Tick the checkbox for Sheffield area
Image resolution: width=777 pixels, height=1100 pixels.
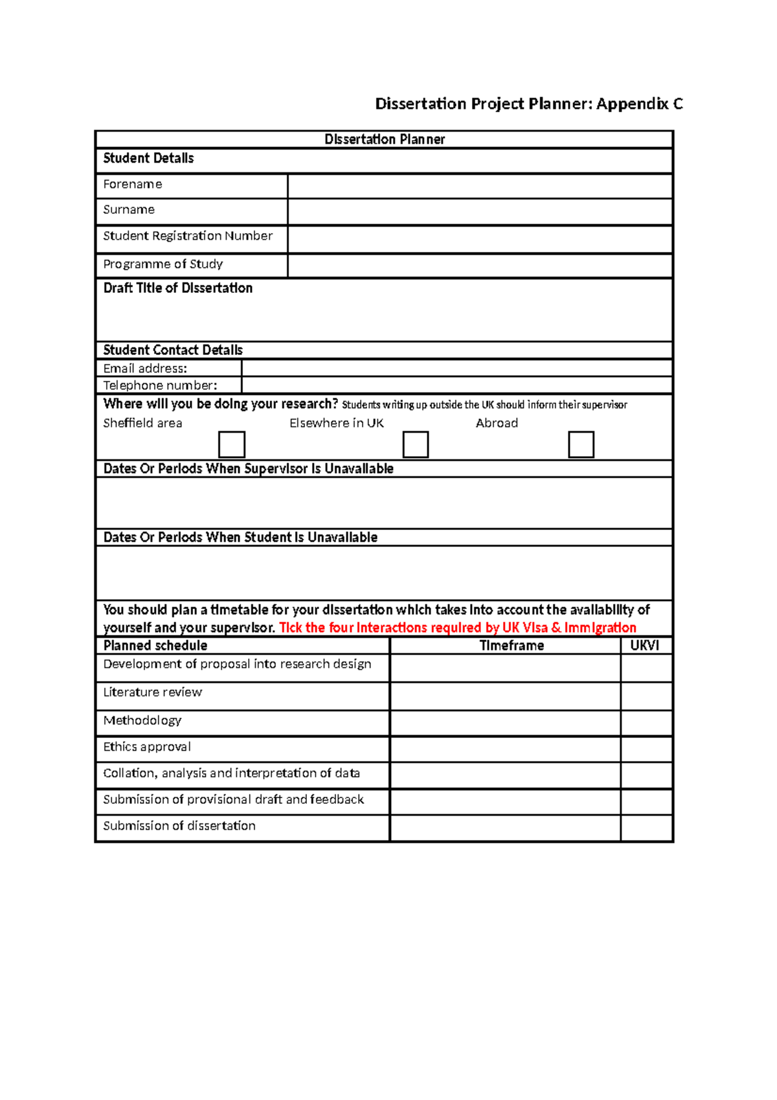pos(232,444)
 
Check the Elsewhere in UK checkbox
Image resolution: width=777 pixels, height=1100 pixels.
pos(416,444)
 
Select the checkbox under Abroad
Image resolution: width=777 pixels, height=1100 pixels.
pos(581,444)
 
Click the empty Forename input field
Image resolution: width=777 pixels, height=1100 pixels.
pos(480,186)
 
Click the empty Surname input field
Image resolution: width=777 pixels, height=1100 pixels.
pos(480,212)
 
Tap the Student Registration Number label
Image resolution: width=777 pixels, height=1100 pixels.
pos(188,236)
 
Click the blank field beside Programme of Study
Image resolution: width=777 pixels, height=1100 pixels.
pos(480,266)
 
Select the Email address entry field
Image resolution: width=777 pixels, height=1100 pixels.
pos(456,368)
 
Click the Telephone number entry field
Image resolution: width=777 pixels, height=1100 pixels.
pos(456,385)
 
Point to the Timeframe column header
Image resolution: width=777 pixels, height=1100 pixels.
pos(512,645)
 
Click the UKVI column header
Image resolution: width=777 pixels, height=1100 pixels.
pos(645,645)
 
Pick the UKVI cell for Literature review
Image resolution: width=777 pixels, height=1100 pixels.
pos(646,696)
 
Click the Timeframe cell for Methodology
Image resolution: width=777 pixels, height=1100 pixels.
pos(505,723)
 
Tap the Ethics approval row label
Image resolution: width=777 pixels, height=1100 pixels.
pos(147,747)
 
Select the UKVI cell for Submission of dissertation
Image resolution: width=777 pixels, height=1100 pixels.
pos(646,829)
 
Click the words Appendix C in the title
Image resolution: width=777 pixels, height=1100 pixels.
pos(639,104)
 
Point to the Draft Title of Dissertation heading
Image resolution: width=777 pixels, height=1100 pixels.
pos(178,288)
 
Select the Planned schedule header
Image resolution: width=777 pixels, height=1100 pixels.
pos(155,645)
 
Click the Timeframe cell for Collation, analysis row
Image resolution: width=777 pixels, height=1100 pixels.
pos(505,775)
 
